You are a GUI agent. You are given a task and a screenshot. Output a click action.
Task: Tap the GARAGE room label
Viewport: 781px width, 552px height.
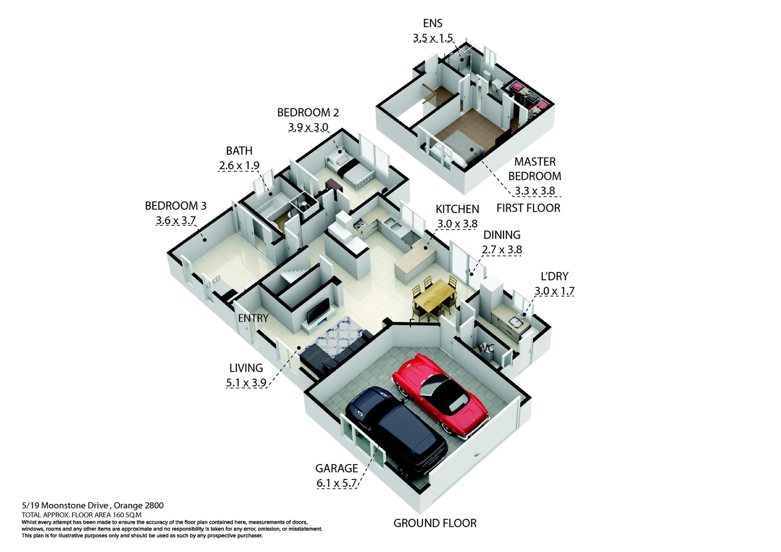[336, 468]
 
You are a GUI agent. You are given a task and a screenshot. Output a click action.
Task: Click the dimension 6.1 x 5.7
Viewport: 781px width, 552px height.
[336, 483]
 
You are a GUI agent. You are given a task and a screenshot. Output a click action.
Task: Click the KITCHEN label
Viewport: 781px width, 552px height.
[457, 209]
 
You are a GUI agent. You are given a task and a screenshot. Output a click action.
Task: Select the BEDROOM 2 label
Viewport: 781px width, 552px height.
[308, 112]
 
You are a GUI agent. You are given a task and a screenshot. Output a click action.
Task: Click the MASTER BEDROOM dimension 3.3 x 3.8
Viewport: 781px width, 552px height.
[535, 191]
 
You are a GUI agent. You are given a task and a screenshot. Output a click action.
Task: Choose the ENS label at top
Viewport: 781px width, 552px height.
[432, 23]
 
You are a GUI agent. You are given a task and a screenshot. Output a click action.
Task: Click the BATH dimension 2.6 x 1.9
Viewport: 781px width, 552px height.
[239, 166]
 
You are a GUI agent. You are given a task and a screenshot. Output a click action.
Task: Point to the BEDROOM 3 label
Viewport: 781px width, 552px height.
[175, 206]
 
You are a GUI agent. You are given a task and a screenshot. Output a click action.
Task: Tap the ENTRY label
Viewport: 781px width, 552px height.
[253, 318]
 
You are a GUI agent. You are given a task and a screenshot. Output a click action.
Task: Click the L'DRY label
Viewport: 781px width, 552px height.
[554, 277]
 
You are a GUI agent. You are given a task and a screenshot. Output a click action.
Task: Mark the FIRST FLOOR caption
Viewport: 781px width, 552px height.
[528, 208]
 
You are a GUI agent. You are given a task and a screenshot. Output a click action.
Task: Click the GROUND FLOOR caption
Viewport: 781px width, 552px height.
[434, 523]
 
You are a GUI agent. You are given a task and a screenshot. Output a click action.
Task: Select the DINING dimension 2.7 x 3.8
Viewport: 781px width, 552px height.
[501, 250]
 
